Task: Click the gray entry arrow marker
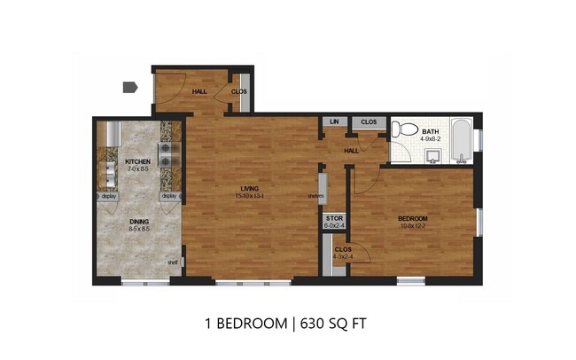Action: click(x=128, y=87)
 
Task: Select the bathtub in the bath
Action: click(x=460, y=141)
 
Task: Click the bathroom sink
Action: click(x=432, y=158)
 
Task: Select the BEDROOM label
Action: click(x=413, y=219)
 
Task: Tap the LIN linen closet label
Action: click(x=334, y=122)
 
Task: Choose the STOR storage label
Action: click(x=334, y=217)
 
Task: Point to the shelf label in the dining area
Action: click(x=173, y=262)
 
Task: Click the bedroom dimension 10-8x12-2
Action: click(x=413, y=226)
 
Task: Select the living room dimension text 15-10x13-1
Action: click(x=251, y=196)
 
